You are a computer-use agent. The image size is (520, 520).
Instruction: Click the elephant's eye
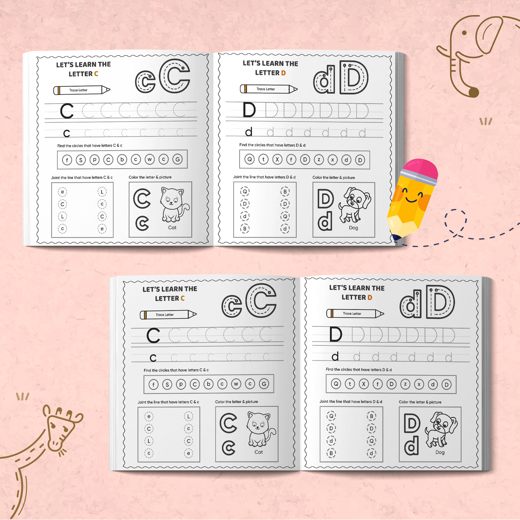point(464,33)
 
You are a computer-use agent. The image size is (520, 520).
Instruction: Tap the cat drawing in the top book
point(173,205)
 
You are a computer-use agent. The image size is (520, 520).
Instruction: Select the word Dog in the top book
point(353,228)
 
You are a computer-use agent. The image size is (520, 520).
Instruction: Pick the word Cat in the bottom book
point(259,452)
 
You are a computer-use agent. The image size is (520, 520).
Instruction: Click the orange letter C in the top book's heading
point(96,74)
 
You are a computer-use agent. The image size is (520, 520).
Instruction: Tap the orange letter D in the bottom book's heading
point(370,297)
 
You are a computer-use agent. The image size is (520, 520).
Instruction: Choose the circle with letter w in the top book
point(149,159)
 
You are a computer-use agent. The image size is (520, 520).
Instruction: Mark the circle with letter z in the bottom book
point(405,384)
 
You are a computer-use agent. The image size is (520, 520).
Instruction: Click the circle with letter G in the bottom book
point(264,384)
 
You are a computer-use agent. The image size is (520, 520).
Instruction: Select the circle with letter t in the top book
point(263,159)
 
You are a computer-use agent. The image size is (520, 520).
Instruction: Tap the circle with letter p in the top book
point(94,160)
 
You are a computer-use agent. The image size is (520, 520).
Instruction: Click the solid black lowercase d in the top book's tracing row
point(249,132)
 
